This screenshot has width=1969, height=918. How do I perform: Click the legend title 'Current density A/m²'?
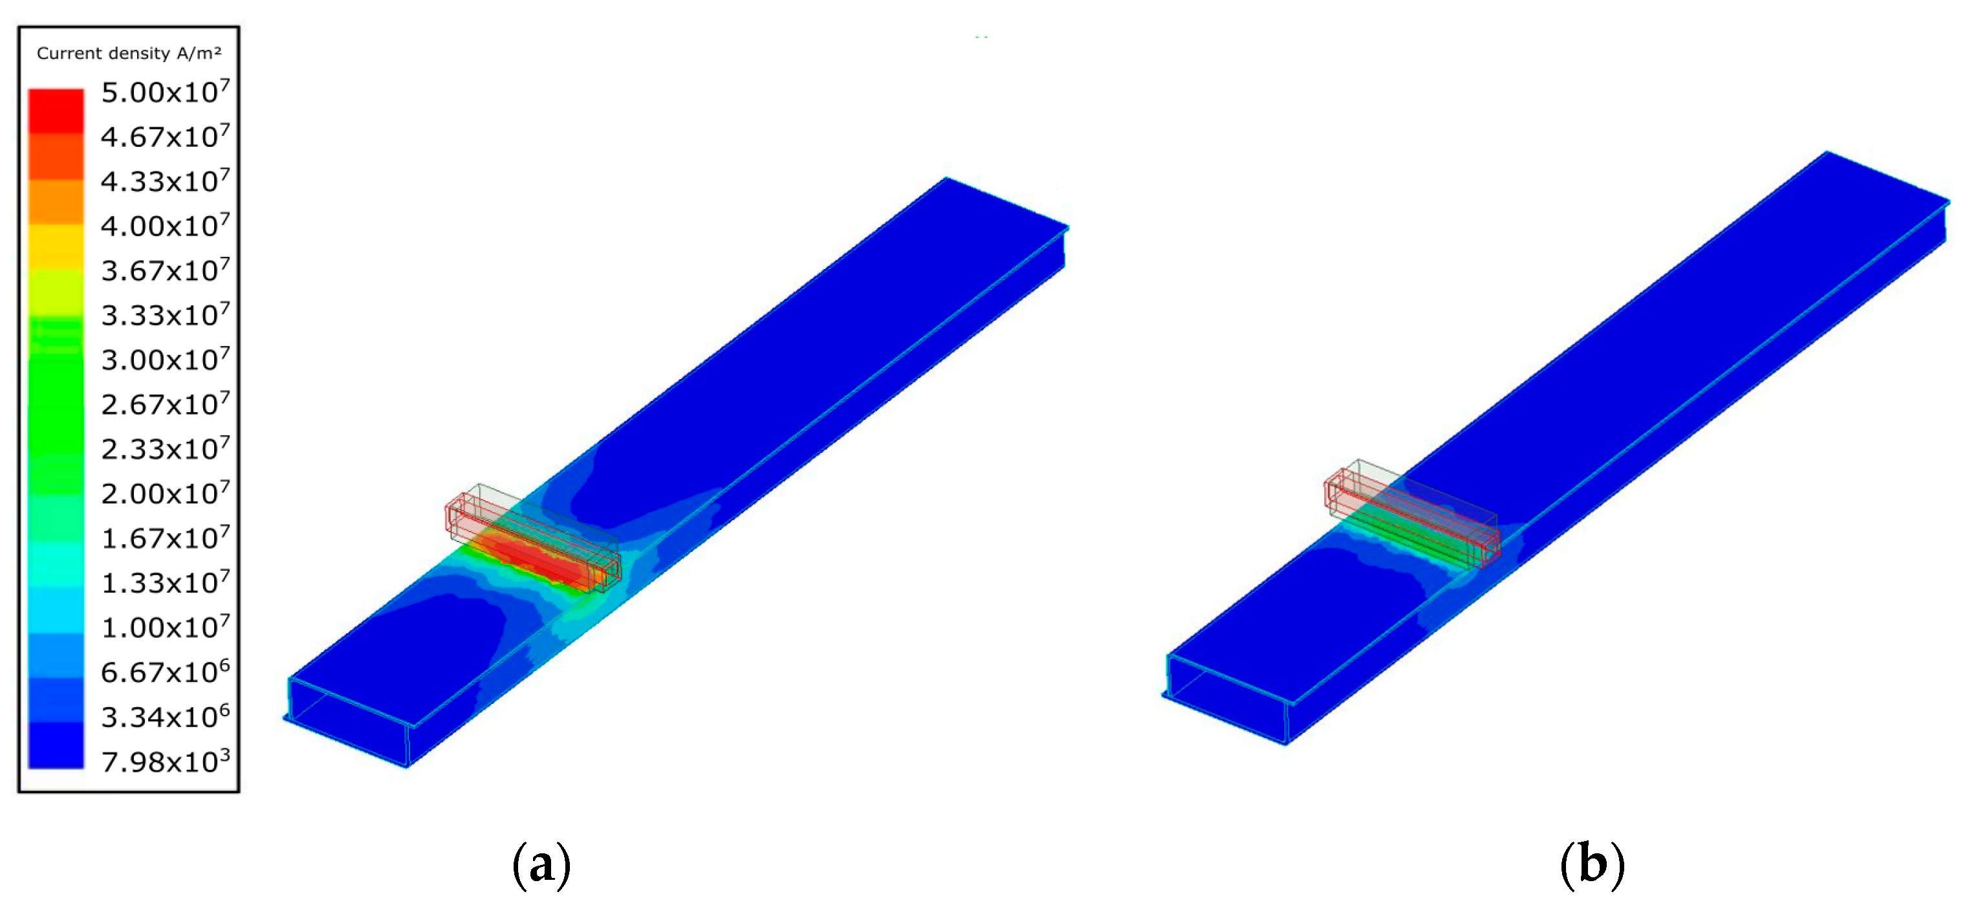(129, 53)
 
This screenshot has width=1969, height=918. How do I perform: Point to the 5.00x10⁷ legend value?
(165, 92)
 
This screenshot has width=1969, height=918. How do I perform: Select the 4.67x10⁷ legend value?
(165, 136)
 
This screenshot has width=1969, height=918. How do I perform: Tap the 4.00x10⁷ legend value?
(165, 226)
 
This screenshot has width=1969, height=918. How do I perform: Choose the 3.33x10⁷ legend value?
(165, 314)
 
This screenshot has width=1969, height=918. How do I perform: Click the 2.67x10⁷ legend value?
(165, 404)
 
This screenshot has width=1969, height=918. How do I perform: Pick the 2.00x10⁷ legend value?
(165, 493)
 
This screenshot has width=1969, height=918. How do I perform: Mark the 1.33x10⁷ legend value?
(165, 582)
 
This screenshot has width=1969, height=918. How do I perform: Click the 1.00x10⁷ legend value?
(165, 627)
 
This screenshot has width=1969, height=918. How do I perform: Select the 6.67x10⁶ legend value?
(165, 672)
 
